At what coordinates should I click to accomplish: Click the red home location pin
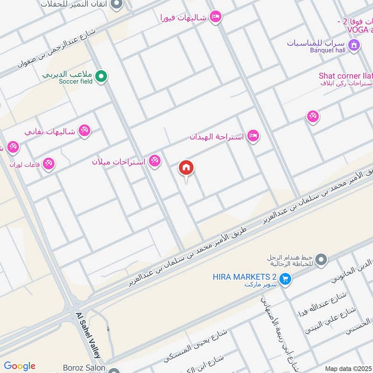tap(186, 168)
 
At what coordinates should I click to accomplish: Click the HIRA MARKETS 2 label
tap(245, 276)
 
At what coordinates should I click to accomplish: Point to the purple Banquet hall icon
tap(355, 45)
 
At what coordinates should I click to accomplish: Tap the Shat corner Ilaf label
tap(345, 76)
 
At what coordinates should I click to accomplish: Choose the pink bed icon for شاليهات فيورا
tap(215, 17)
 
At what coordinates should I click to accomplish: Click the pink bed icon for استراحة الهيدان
tap(253, 136)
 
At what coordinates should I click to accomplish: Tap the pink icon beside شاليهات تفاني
tap(84, 131)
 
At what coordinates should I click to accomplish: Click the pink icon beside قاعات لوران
tap(48, 164)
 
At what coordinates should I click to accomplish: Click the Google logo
tap(19, 366)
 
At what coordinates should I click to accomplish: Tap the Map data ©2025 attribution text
tap(348, 368)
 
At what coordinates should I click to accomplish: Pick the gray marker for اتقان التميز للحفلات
tap(117, 5)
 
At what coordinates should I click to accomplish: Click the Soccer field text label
tap(76, 81)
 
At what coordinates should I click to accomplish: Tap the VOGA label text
tap(352, 29)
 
